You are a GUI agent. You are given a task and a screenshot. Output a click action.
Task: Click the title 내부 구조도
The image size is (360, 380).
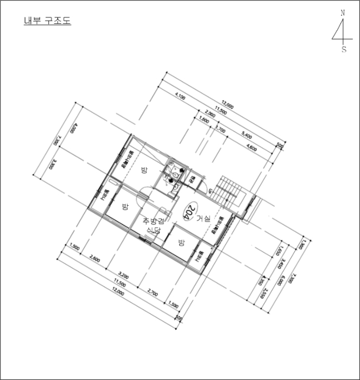[x=47, y=21]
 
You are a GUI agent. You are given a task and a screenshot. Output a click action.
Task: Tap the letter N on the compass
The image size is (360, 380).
[x=343, y=12]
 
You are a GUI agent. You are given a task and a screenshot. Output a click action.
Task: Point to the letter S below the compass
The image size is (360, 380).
[x=344, y=49]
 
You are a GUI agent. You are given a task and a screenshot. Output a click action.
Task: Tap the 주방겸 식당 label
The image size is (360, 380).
[x=153, y=225]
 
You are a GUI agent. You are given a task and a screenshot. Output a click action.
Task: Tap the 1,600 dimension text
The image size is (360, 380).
[x=204, y=120]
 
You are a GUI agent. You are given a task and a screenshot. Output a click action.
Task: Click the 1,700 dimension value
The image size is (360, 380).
[x=220, y=129]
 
